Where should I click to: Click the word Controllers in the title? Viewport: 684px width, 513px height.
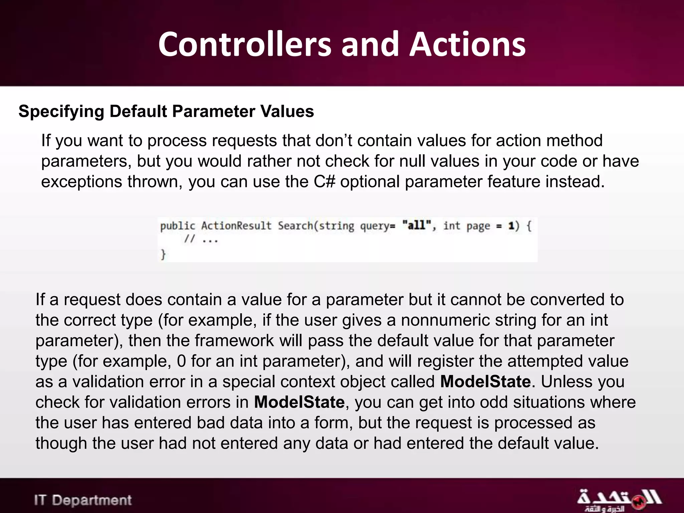244,44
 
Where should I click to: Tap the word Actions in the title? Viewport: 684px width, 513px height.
468,44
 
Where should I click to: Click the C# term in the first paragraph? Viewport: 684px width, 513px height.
324,182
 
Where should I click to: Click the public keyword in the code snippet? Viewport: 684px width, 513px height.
177,226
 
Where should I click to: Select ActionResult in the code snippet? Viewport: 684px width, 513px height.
236,226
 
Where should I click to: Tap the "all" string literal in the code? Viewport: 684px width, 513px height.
414,225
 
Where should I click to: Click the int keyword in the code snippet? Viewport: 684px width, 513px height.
452,226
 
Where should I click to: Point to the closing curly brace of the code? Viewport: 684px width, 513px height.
163,254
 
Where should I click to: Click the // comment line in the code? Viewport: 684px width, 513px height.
201,239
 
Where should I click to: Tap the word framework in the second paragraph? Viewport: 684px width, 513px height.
234,341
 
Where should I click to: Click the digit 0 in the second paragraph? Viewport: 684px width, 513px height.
181,361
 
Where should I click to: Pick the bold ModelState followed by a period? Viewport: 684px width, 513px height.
485,381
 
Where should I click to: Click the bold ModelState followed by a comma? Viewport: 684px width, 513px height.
299,402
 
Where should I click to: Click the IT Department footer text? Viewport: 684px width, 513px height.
83,500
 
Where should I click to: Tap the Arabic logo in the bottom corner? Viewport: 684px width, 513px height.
619,500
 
